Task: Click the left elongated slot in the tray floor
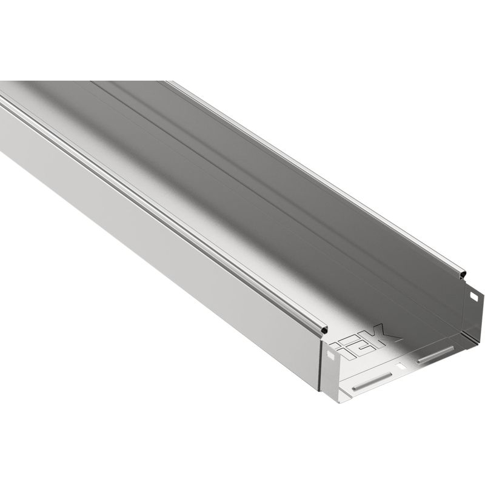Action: pos(372,381)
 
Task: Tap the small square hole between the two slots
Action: pos(400,366)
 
